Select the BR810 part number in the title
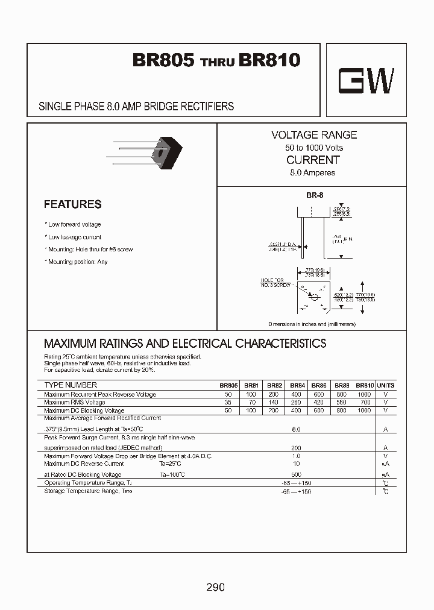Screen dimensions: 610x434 [x=269, y=60]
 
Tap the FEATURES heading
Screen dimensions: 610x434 [x=72, y=204]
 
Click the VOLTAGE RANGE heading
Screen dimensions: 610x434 [x=313, y=135]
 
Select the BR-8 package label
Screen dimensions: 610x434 [x=312, y=195]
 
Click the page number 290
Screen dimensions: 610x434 [x=215, y=586]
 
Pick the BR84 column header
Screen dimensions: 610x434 [x=297, y=386]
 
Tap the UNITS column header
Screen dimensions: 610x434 [x=385, y=386]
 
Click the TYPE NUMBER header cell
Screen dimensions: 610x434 [x=71, y=385]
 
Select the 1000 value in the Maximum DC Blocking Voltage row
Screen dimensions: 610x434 [x=365, y=410]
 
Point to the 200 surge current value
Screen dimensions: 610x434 [x=296, y=448]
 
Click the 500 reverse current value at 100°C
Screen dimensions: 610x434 [x=296, y=474]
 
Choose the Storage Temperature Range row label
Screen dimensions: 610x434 [x=88, y=491]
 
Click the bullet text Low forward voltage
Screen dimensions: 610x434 [x=74, y=224]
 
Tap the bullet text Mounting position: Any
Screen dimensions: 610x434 [x=77, y=262]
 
